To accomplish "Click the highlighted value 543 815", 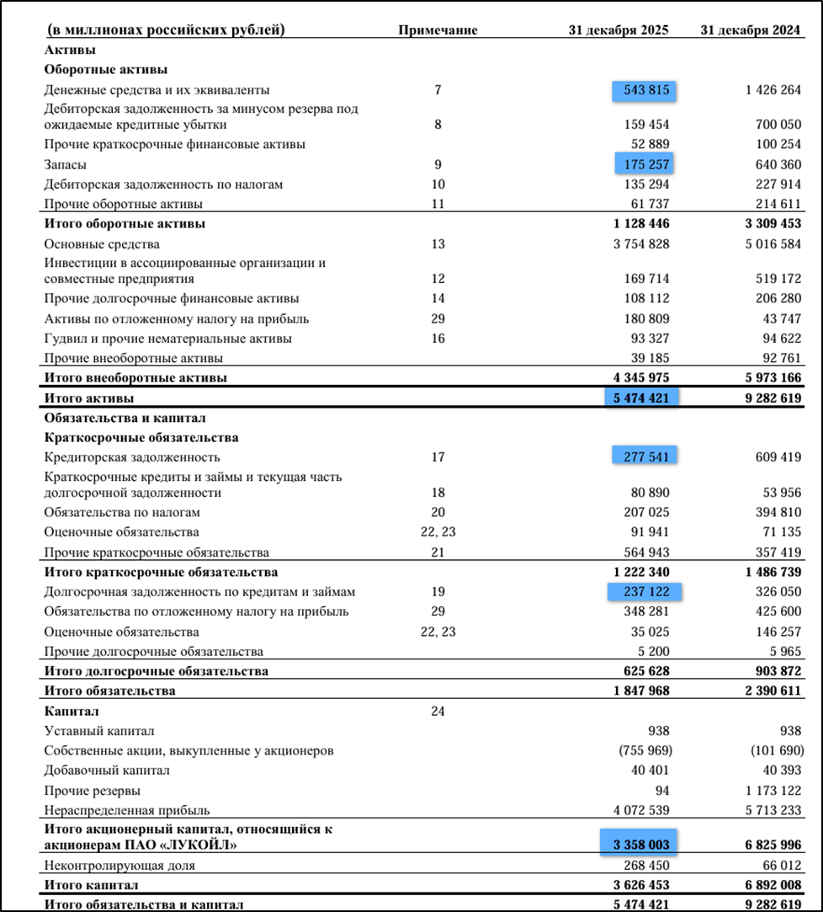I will (645, 90).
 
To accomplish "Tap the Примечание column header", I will (438, 30).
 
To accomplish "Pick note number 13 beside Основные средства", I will (438, 244).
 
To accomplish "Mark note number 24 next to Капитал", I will (438, 711).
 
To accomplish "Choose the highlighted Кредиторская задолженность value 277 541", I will (645, 456).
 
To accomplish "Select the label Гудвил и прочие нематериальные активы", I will (168, 339).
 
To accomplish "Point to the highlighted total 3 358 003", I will (639, 843).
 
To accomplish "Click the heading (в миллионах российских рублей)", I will (166, 30).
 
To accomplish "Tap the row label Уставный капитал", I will (99, 731).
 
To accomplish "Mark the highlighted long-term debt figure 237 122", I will (645, 592).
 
